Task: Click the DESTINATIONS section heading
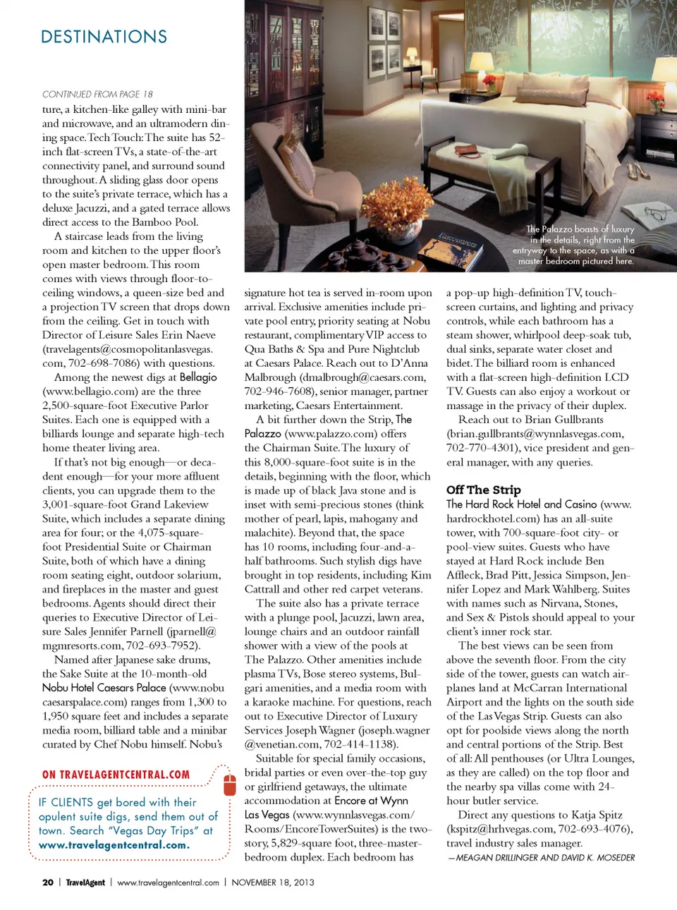click(104, 37)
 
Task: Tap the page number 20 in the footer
click(48, 882)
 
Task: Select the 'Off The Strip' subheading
click(483, 490)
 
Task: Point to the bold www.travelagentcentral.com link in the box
click(114, 845)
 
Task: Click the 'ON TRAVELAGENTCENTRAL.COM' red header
click(116, 775)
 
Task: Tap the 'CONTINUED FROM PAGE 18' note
click(97, 94)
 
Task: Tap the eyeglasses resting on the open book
click(623, 212)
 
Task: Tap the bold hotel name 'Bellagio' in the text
click(198, 377)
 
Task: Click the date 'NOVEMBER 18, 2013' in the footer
click(273, 882)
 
